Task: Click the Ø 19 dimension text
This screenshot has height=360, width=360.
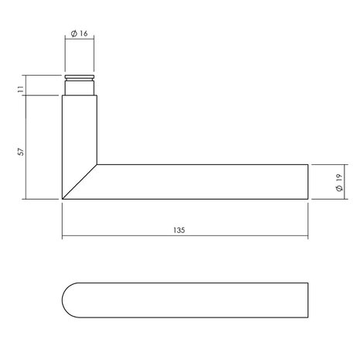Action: tap(338, 183)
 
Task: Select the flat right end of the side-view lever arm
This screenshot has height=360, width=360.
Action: tap(308, 182)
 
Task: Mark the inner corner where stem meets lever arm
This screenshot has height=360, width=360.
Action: tap(97, 164)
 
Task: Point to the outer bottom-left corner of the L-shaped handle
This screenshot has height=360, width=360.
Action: tap(62, 200)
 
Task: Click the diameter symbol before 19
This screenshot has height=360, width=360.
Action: tap(338, 190)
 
